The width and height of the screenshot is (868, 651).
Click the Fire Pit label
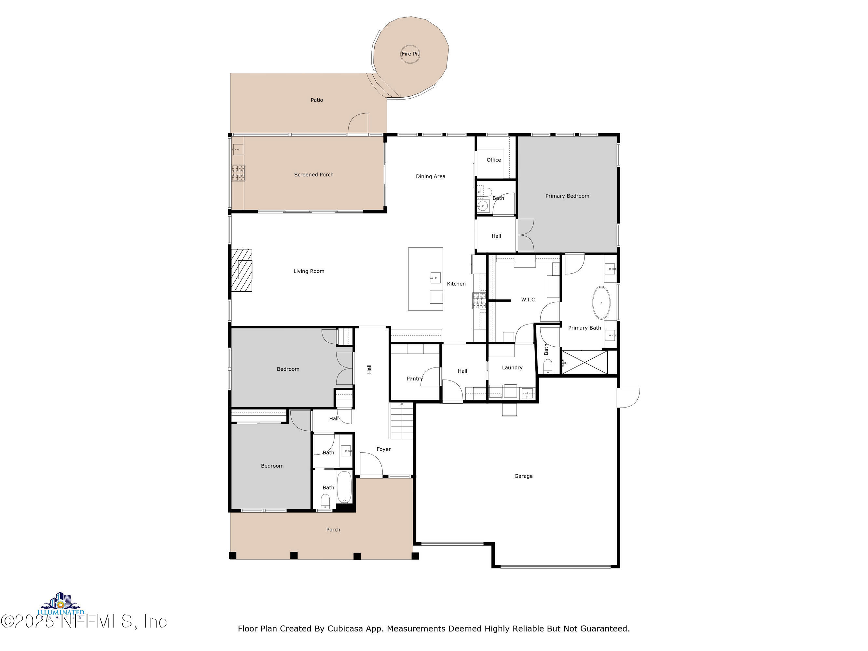(x=410, y=54)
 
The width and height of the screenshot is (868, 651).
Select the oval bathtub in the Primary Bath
(x=601, y=302)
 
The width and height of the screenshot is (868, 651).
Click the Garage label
(x=523, y=476)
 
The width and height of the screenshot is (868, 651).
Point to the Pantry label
(x=414, y=379)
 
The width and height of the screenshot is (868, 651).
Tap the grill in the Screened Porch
(x=238, y=173)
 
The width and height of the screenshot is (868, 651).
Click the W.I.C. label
(x=529, y=299)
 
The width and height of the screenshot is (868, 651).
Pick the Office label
(x=494, y=160)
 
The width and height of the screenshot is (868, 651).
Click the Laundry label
(x=512, y=367)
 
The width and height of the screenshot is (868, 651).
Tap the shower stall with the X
(x=585, y=362)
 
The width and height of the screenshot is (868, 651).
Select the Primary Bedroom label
(x=567, y=196)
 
